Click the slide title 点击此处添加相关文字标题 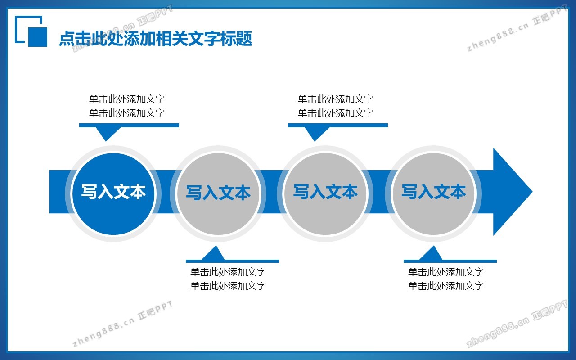point(155,39)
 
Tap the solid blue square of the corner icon point(38,37)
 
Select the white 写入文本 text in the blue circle point(113,192)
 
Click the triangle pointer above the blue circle point(106,133)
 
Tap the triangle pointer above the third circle point(315,133)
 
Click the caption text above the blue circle point(127,106)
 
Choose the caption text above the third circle point(336,106)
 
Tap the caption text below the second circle point(228,279)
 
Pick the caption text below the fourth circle point(446,279)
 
